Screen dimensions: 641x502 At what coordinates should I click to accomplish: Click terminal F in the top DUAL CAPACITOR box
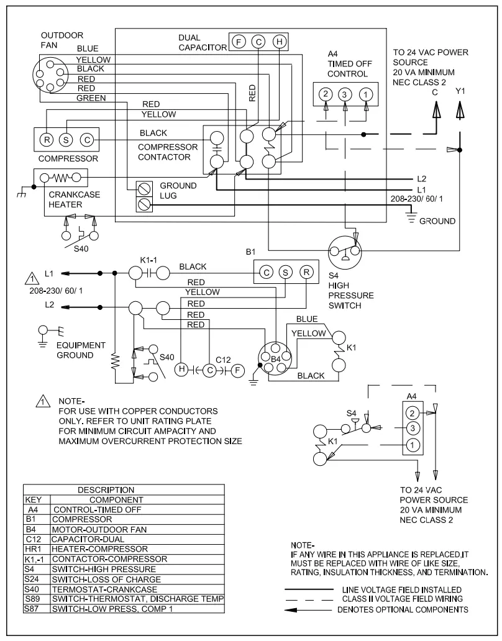pyautogui.click(x=238, y=42)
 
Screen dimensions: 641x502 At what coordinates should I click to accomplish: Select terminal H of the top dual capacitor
pyautogui.click(x=280, y=42)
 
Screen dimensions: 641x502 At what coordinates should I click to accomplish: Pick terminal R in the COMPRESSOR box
pyautogui.click(x=48, y=139)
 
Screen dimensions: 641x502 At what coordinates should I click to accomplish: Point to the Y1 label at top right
pyautogui.click(x=460, y=91)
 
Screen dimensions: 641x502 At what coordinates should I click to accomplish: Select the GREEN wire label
pyautogui.click(x=91, y=98)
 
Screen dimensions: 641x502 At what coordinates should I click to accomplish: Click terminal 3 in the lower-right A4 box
pyautogui.click(x=411, y=428)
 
